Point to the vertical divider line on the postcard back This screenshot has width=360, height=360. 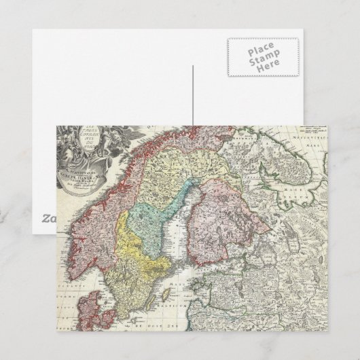pos(193,95)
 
